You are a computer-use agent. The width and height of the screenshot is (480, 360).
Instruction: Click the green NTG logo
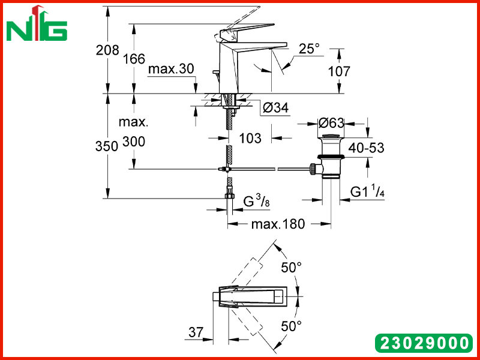click(x=37, y=24)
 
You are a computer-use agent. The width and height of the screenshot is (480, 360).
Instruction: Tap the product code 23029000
click(x=424, y=343)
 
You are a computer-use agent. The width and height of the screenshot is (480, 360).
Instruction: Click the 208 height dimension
click(x=107, y=50)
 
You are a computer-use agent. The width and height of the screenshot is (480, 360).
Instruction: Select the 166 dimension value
click(x=134, y=58)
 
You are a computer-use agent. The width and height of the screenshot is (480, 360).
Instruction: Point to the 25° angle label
click(x=309, y=49)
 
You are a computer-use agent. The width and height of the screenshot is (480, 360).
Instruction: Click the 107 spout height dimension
click(x=339, y=71)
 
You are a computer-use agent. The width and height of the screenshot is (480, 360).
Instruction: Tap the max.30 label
click(x=171, y=69)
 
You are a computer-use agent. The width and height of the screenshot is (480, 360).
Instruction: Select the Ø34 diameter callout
click(x=275, y=107)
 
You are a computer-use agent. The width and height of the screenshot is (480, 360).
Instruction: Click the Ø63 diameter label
click(x=331, y=123)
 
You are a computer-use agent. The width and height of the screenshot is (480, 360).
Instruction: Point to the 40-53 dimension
click(x=366, y=148)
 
